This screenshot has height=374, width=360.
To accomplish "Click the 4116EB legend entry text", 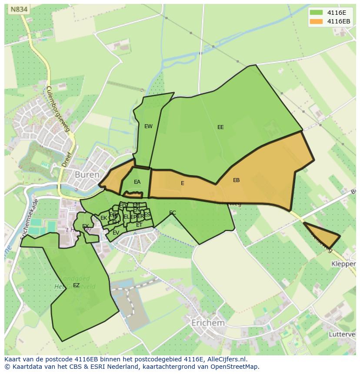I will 339,21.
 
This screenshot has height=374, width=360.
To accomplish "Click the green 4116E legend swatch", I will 317,13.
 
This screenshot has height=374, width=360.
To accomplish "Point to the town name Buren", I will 87,175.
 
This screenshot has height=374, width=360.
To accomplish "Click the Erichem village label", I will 208,323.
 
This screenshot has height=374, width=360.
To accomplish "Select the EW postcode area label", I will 148,126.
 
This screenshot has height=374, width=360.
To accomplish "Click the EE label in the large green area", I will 220,127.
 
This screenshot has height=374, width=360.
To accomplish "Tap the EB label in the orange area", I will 236,180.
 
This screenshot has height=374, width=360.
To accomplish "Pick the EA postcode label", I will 137,182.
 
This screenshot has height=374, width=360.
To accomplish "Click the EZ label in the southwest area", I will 76,285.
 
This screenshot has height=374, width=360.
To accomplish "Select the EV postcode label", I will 116,233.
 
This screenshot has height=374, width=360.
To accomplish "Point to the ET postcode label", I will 139,225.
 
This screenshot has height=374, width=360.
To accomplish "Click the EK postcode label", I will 103,218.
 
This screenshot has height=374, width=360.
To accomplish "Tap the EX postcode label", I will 85,226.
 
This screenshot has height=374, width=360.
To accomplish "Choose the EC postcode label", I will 172,213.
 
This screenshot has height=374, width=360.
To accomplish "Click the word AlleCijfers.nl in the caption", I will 226,359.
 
